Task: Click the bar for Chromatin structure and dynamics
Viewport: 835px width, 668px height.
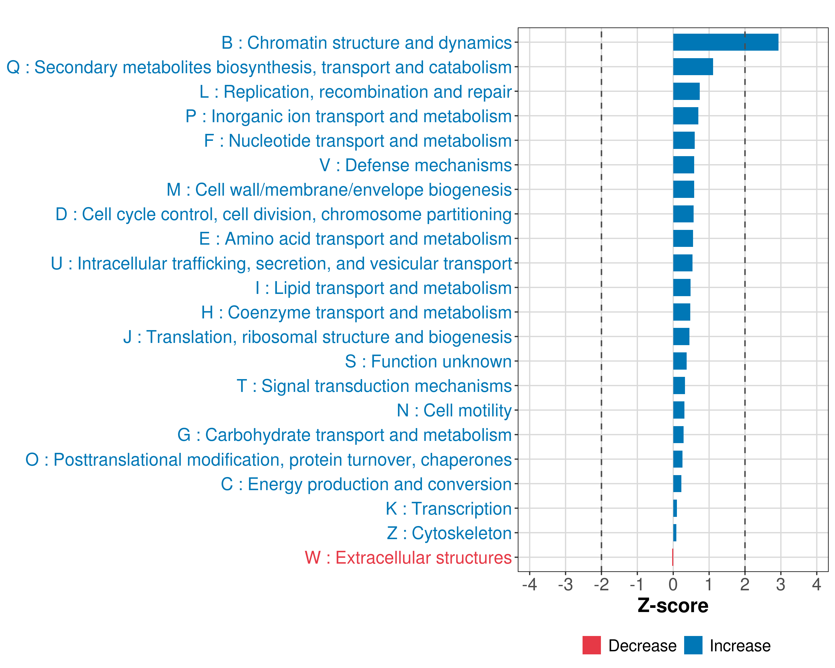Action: (725, 42)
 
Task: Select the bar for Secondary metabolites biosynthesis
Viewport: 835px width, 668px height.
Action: (693, 67)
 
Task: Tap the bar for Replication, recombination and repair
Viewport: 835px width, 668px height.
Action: (686, 91)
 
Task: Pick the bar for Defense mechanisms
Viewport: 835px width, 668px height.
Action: (684, 165)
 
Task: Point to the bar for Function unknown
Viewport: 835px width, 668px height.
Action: (680, 361)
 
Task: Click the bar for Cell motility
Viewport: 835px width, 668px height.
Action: (679, 410)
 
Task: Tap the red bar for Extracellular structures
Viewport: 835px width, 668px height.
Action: (673, 557)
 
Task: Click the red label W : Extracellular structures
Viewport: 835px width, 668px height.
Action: (408, 558)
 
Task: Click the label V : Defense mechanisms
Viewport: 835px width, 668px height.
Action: (416, 165)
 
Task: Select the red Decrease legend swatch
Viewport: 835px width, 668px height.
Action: (591, 645)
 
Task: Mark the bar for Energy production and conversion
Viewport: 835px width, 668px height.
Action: (677, 484)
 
